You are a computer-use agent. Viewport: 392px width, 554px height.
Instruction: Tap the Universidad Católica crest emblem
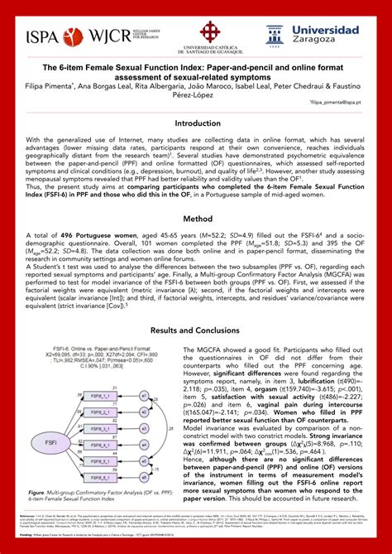(196, 27)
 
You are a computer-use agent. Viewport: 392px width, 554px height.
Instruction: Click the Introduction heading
(196, 122)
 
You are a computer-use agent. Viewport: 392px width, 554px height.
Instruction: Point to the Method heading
(196, 219)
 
